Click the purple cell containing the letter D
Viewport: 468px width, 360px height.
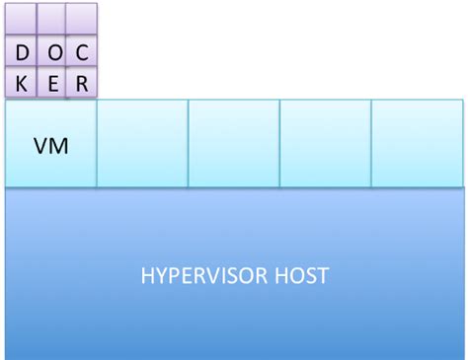point(22,52)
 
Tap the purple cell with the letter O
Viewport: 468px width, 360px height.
point(52,52)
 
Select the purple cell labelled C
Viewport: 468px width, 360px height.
point(82,52)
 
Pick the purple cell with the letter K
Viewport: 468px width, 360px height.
point(22,84)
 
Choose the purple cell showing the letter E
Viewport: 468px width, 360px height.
point(52,84)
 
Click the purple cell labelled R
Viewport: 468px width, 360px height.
point(82,84)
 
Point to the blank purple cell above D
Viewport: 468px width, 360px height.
point(22,20)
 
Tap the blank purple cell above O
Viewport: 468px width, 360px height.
point(52,20)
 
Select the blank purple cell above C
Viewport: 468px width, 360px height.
point(82,20)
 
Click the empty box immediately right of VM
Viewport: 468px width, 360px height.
point(142,143)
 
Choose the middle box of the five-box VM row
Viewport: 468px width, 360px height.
point(234,143)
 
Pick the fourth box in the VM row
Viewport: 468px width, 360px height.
point(326,143)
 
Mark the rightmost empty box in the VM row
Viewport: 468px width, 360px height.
point(417,143)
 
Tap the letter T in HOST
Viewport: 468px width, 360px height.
point(324,275)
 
